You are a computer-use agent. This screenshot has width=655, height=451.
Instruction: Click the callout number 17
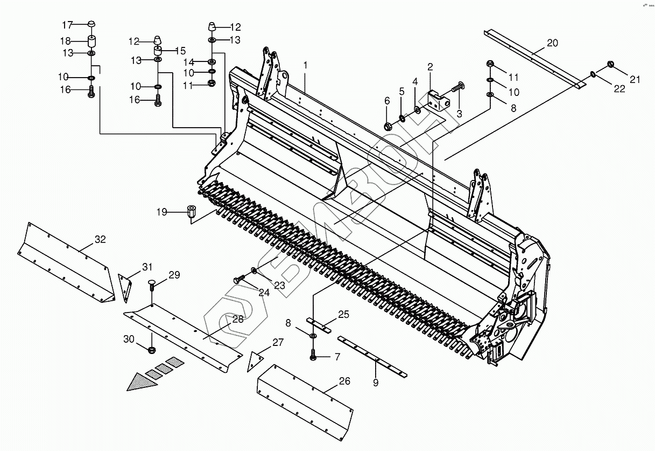tap(67, 25)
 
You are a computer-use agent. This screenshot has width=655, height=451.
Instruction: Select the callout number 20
tap(553, 43)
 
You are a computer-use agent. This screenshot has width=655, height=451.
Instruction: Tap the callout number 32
tap(100, 239)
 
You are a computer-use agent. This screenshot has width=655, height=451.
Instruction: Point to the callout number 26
tap(344, 381)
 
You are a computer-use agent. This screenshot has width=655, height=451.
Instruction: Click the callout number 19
tap(162, 212)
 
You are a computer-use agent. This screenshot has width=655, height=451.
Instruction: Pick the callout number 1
tap(305, 65)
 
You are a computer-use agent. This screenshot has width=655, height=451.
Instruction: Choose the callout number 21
tap(635, 80)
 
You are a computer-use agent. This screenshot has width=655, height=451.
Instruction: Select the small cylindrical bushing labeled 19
tap(191, 211)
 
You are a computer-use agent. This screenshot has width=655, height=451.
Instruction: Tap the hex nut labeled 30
tap(152, 351)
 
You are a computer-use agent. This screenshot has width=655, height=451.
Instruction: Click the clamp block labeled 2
tap(438, 100)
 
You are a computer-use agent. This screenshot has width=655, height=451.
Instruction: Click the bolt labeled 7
tap(313, 355)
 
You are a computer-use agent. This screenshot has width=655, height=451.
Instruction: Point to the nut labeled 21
tap(612, 65)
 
